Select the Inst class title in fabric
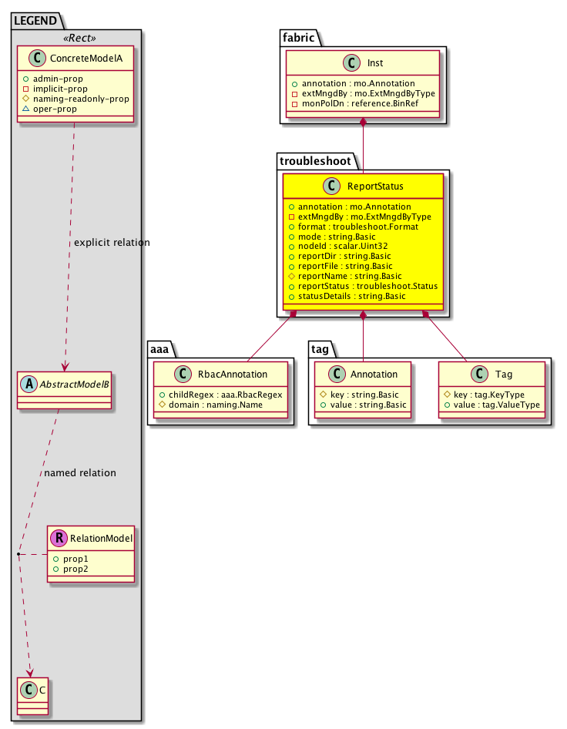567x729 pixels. point(376,62)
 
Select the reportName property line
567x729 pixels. point(353,275)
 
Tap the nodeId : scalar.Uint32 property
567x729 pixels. point(344,245)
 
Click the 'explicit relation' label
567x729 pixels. point(112,243)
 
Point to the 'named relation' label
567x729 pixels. point(80,472)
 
